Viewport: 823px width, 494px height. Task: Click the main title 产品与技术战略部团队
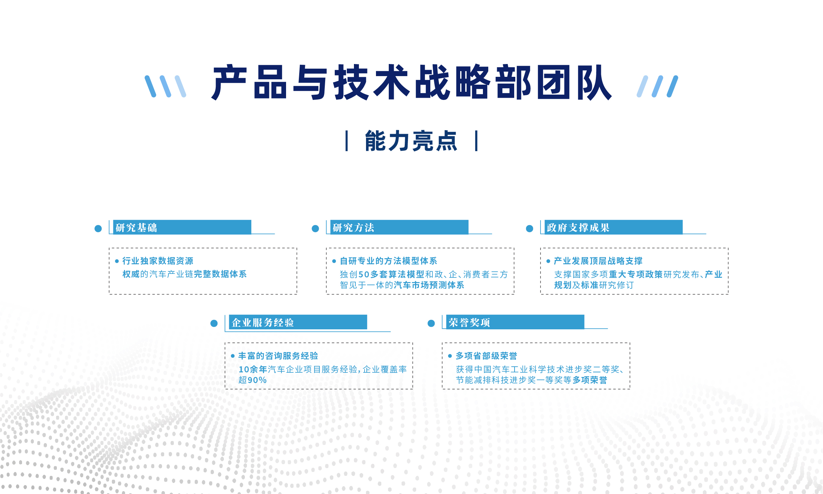[x=411, y=83]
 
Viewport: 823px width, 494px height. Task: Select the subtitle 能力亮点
[x=411, y=141]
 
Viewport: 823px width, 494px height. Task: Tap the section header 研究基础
[x=136, y=228]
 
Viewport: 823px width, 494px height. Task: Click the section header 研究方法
[x=353, y=228]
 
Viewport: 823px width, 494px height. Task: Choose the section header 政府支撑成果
[x=578, y=228]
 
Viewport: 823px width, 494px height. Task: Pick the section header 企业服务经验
[x=263, y=323]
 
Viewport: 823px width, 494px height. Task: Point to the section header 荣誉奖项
[x=469, y=323]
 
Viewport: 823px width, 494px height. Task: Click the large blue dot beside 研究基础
[x=98, y=229]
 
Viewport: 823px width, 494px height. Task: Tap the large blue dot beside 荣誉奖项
[x=431, y=323]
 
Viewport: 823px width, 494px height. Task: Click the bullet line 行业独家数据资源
[x=158, y=261]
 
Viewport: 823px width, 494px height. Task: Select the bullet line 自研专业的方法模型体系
[x=388, y=261]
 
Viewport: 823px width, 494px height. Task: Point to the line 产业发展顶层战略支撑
[x=598, y=261]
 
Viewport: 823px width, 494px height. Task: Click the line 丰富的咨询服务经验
[x=278, y=356]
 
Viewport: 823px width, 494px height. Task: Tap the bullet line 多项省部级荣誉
[x=486, y=356]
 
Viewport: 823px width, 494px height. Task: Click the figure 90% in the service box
[x=257, y=380]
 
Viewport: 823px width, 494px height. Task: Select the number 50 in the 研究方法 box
[x=364, y=275]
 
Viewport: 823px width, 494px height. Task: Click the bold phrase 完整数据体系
[x=220, y=274]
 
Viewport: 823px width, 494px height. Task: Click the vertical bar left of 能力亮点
[x=346, y=141]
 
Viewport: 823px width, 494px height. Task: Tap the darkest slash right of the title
[x=672, y=86]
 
